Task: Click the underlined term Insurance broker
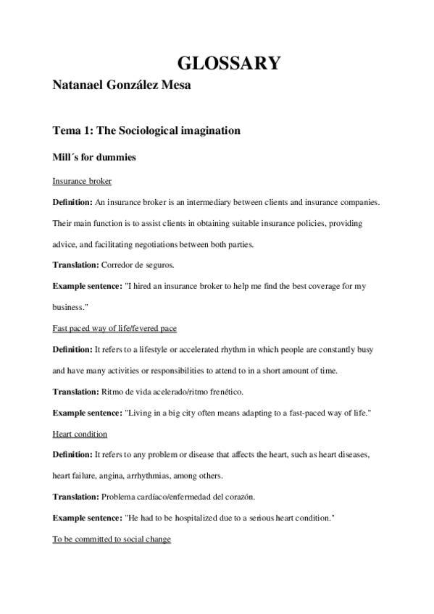pyautogui.click(x=82, y=180)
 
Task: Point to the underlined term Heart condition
pyautogui.click(x=80, y=434)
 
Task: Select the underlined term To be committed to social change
pyautogui.click(x=112, y=539)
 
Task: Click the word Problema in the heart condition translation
pyautogui.click(x=124, y=497)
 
